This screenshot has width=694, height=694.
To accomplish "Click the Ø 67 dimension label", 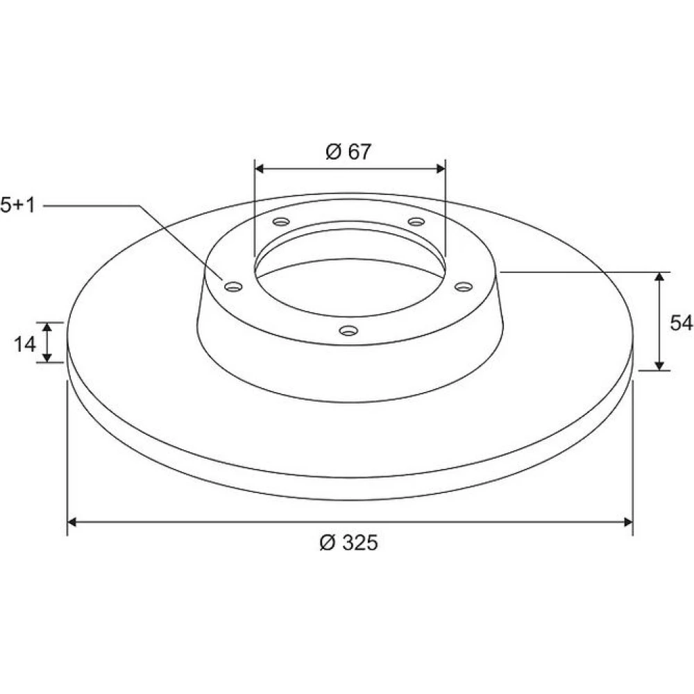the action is (x=348, y=152).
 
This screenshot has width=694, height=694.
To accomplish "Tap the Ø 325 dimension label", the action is (x=349, y=543).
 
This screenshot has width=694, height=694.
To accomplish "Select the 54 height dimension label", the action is (x=682, y=323).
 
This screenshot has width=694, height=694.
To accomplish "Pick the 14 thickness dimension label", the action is (x=25, y=344).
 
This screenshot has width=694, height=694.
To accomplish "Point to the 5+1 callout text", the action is (x=18, y=206).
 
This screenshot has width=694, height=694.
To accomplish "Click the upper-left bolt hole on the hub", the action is (x=281, y=221).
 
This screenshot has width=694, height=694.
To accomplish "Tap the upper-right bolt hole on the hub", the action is (x=416, y=221).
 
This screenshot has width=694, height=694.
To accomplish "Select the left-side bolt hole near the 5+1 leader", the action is (x=234, y=287).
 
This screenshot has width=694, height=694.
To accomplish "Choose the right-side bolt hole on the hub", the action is (x=464, y=287).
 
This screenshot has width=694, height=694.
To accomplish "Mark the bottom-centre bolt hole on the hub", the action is (x=348, y=330).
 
